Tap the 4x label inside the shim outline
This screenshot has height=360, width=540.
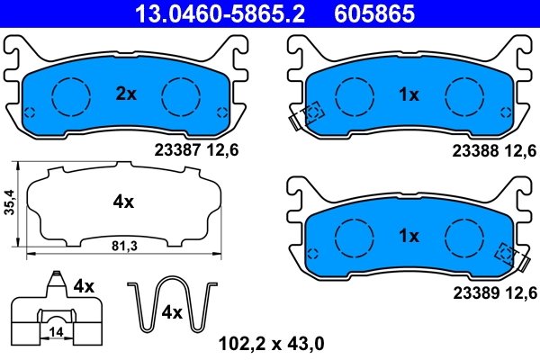(x=123, y=203)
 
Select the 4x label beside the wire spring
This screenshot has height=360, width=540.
(x=171, y=313)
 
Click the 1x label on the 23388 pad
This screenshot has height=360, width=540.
(x=409, y=94)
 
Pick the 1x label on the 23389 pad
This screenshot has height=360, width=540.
(x=409, y=237)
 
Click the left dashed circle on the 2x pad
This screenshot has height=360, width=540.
(x=70, y=94)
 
